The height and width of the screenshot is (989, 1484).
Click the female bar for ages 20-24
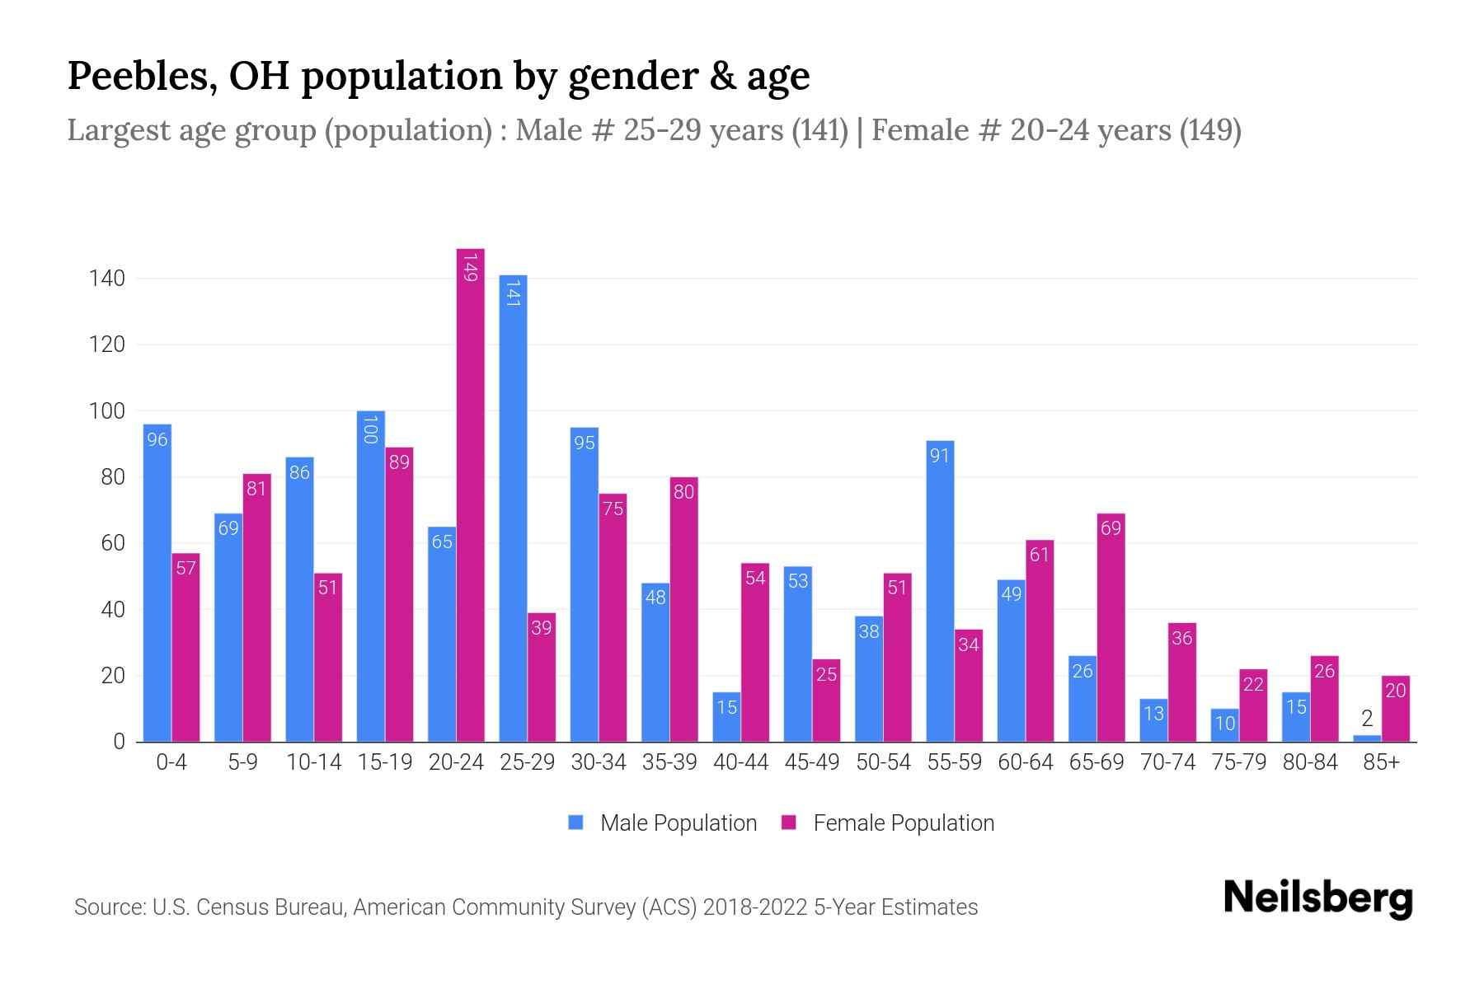(x=470, y=494)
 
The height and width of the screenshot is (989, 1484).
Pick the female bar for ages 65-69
(x=1111, y=627)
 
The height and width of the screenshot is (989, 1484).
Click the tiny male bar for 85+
(x=1367, y=738)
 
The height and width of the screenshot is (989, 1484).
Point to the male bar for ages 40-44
(x=726, y=717)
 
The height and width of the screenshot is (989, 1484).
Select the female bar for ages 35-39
(x=683, y=609)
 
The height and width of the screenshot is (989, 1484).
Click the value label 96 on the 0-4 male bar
(x=157, y=439)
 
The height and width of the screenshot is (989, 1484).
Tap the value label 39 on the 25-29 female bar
(x=542, y=628)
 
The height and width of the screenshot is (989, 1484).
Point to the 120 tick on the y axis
(x=107, y=345)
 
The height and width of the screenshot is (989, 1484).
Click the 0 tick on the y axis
(x=119, y=742)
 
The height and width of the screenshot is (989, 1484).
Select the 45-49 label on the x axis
(x=811, y=762)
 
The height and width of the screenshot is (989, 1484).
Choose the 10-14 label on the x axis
(x=313, y=762)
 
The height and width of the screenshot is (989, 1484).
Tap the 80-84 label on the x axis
(x=1310, y=762)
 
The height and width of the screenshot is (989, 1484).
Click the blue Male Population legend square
(x=575, y=823)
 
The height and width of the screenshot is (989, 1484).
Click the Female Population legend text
(x=904, y=823)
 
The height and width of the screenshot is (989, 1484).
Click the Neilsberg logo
(x=1317, y=898)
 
